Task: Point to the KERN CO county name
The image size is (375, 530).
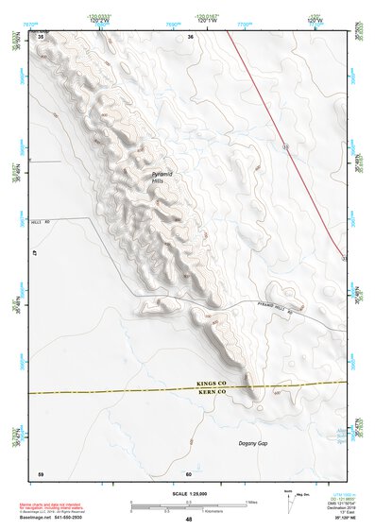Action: (209, 391)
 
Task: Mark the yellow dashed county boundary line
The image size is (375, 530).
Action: (113, 389)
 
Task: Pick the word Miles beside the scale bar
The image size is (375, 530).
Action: (250, 502)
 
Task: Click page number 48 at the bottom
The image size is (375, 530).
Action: (188, 520)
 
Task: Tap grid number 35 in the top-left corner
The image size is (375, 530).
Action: (41, 36)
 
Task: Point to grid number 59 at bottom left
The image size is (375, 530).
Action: (41, 472)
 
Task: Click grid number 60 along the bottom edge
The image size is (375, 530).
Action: (189, 472)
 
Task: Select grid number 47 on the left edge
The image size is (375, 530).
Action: (32, 254)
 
